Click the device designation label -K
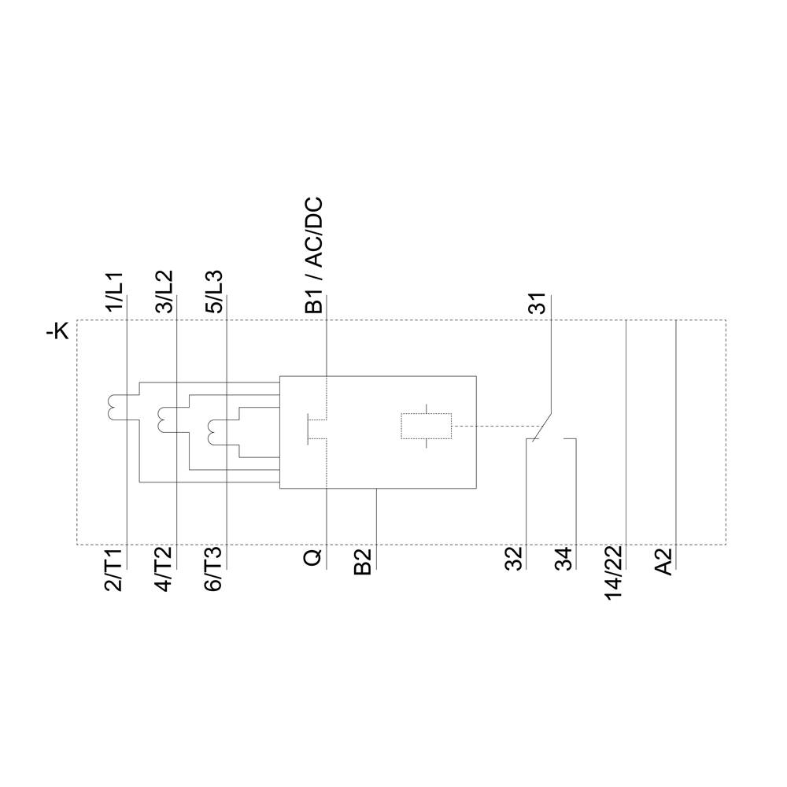(58, 332)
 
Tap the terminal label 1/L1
(115, 293)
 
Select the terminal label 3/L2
(164, 293)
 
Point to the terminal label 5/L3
(214, 293)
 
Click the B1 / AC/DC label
(314, 257)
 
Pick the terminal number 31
(538, 303)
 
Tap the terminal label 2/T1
(115, 571)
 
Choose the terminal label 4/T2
(164, 571)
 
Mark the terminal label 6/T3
(214, 571)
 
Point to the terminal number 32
(514, 560)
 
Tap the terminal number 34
(563, 560)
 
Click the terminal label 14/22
(614, 573)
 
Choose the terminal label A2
(665, 562)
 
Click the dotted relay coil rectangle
(426, 426)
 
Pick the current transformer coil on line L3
(213, 431)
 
